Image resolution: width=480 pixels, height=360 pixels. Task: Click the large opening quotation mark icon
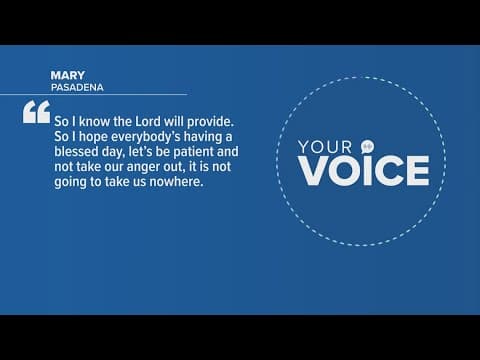click(x=33, y=113)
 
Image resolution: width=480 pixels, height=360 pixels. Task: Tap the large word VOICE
click(x=362, y=171)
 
